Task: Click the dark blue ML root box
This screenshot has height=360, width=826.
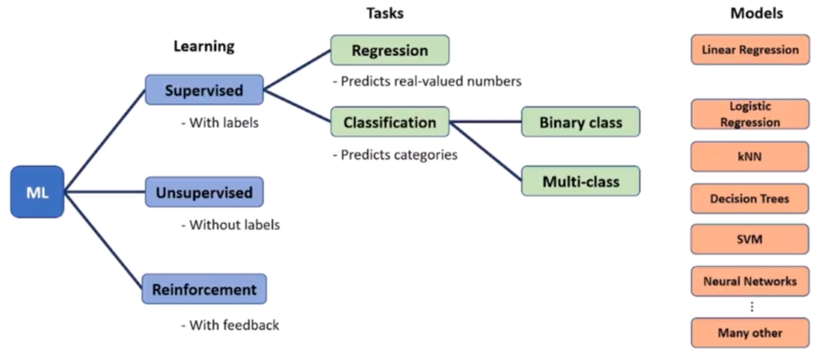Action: pos(37,192)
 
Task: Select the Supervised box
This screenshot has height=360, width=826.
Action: pos(204,90)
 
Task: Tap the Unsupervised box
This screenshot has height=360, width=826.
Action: pos(204,192)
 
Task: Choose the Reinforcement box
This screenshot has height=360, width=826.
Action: pos(204,289)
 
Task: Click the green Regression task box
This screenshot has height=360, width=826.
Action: pos(390,50)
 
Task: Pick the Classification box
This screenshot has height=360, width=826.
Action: pos(390,122)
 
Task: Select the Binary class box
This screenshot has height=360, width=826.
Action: pos(581,122)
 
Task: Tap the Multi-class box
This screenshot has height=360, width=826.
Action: pos(581,181)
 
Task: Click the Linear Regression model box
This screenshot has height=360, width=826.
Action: pos(750,50)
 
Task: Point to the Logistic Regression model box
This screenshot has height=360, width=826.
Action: pos(750,114)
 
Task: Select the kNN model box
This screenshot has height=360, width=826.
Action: pos(750,157)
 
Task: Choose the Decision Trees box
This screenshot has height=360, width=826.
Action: pos(750,199)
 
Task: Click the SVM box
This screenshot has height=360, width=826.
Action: pos(750,239)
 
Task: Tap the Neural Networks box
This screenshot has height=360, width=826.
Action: pos(750,281)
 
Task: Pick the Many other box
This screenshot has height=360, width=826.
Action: pos(750,333)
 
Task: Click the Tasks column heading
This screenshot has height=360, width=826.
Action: pos(385,13)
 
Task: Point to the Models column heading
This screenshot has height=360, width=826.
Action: pos(756,13)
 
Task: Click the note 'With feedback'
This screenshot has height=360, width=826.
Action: pos(230,325)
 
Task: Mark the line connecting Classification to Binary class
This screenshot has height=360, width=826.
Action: pos(485,122)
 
